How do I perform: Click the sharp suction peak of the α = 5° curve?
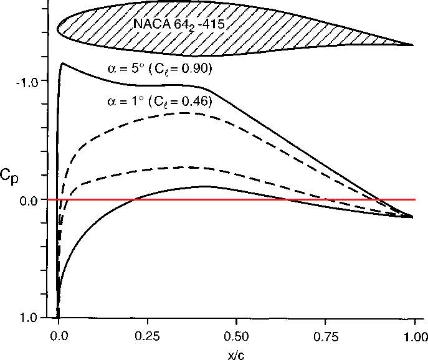[x=63, y=63]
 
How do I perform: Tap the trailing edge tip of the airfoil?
[x=414, y=44]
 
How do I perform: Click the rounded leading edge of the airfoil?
[x=58, y=28]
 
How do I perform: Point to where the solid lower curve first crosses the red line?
[x=133, y=199]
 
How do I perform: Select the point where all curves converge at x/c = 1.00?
[x=412, y=216]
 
